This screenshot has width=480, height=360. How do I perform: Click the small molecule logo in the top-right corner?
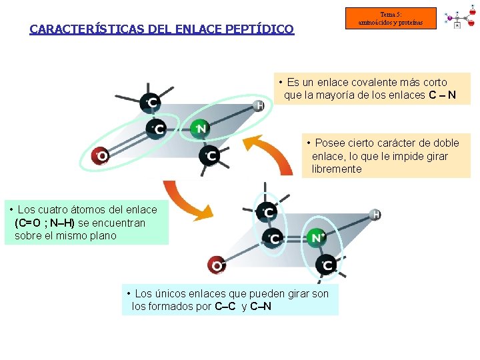[x=460, y=19]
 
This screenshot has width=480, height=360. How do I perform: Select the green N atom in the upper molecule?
[x=200, y=128]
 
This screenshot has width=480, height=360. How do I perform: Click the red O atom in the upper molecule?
[x=101, y=156]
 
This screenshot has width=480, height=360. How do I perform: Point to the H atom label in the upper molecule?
[x=259, y=105]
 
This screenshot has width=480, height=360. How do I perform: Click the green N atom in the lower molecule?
[x=315, y=237]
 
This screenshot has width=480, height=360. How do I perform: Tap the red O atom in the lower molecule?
[x=216, y=265]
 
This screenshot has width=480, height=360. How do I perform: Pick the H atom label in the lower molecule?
[x=375, y=215]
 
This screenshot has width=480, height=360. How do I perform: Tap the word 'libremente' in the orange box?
[x=337, y=169]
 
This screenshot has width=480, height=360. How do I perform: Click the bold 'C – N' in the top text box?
[x=443, y=95]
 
